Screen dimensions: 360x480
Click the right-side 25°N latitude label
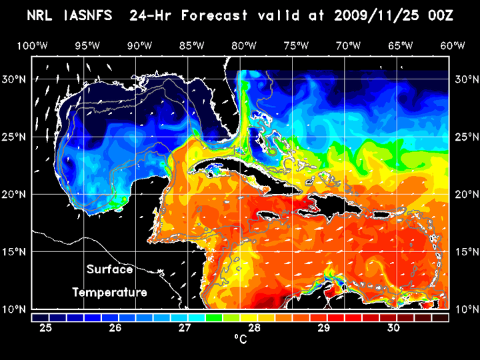pyautogui.click(x=465, y=137)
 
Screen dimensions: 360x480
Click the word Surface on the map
pyautogui.click(x=109, y=270)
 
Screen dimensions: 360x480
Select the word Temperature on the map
pyautogui.click(x=109, y=293)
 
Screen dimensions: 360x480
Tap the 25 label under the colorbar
pyautogui.click(x=45, y=328)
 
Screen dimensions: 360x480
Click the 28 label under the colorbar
pyautogui.click(x=254, y=328)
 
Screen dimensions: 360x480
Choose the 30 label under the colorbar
pyautogui.click(x=393, y=328)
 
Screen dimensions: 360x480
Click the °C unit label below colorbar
pyautogui.click(x=240, y=340)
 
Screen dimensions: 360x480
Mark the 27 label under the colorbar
pyautogui.click(x=185, y=328)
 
